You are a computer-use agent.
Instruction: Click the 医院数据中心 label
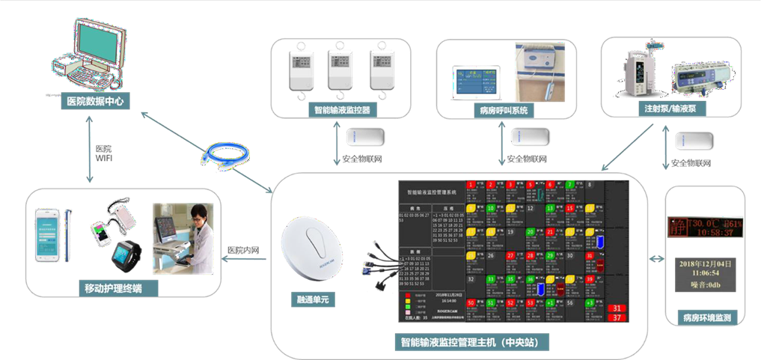coord(94,100)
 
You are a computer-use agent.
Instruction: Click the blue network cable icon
coord(217,156)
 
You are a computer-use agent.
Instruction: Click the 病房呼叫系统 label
coord(504,110)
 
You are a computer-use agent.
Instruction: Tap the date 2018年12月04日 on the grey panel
coord(706,264)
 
